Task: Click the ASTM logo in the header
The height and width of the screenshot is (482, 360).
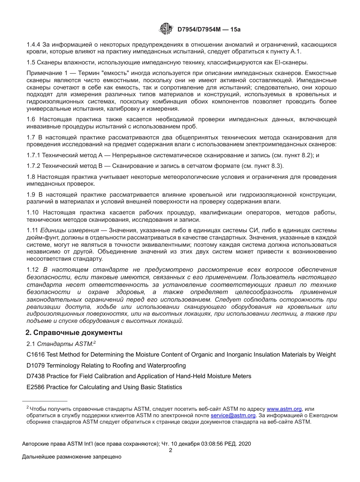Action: pos(166,28)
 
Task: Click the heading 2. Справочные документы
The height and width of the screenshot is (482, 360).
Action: pos(74,333)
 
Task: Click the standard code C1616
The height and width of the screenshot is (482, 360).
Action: pos(35,355)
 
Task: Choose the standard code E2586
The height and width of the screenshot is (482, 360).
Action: pos(35,387)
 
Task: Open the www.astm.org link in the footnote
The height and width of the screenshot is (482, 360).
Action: pos(284,409)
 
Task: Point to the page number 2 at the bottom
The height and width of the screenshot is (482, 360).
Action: pos(171,450)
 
